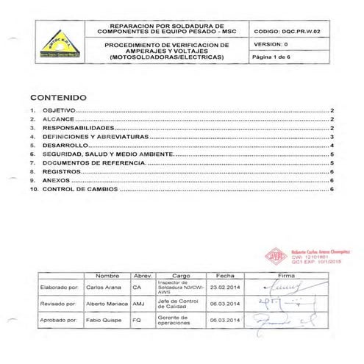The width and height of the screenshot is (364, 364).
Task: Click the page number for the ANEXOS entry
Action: [332, 180]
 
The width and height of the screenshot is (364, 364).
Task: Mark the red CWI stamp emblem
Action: [274, 256]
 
